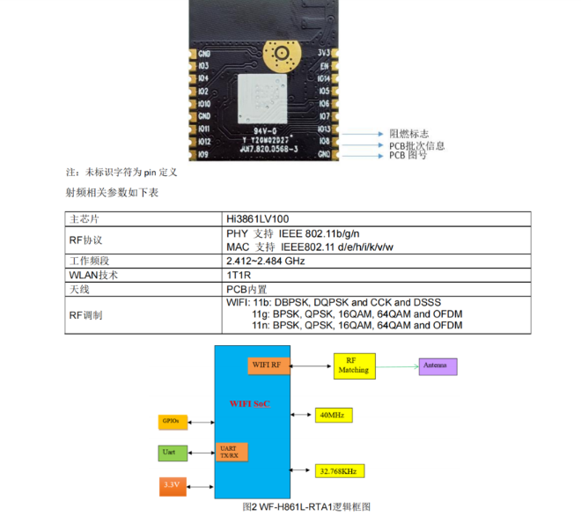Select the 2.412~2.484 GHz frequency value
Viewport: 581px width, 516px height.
266,262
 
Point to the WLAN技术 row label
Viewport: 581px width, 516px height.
93,275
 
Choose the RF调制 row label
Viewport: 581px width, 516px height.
85,314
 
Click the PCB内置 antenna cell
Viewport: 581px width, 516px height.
247,289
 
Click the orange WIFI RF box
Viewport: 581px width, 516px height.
268,365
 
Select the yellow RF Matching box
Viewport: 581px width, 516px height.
353,365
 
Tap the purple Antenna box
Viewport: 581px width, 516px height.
438,365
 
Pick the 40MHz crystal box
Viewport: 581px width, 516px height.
332,414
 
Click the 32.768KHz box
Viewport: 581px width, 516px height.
339,471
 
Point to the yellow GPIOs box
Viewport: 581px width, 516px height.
171,422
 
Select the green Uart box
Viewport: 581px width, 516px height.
169,453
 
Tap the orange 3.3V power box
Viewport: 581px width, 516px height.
171,484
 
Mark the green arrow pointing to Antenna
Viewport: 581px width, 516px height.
397,365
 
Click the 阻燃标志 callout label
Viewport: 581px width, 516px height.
408,133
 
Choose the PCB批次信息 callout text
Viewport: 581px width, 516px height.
416,145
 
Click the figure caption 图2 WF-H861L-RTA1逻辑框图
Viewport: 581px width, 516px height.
306,507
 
